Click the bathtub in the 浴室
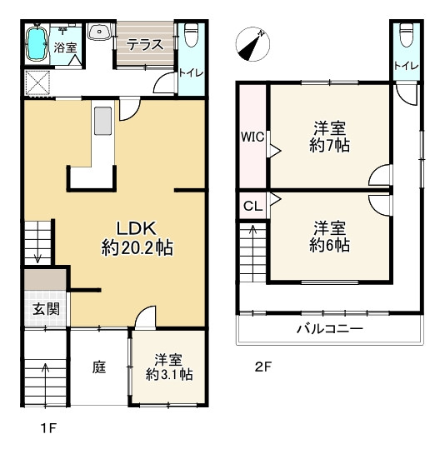(x=38, y=44)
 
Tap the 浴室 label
(x=67, y=48)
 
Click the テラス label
(x=145, y=46)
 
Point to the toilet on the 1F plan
(x=189, y=35)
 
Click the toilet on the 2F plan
(x=406, y=34)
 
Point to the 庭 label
(x=98, y=364)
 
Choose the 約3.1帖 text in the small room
(x=169, y=376)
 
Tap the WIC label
(x=252, y=137)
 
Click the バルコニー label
(x=330, y=329)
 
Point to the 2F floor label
(x=263, y=366)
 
